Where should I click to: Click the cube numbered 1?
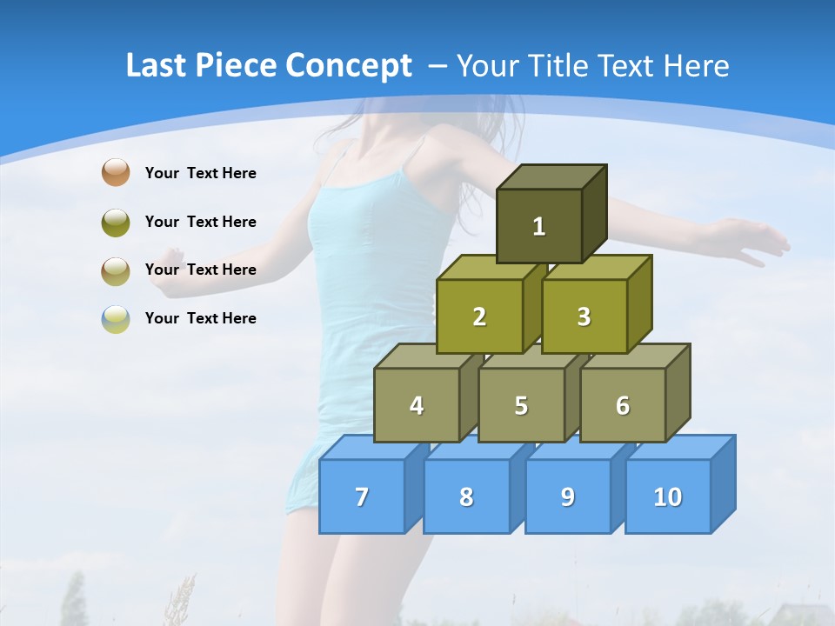click(x=539, y=226)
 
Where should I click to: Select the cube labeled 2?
click(x=479, y=316)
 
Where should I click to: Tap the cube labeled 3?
click(x=584, y=316)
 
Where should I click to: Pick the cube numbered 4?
click(x=417, y=405)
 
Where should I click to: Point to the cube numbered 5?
click(x=521, y=405)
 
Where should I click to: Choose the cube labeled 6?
click(x=623, y=405)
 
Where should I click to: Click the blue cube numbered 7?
click(x=362, y=496)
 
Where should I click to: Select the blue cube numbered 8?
click(x=466, y=496)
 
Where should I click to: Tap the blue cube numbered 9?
click(x=568, y=496)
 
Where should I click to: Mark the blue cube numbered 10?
click(x=668, y=496)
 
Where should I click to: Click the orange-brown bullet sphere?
click(x=115, y=172)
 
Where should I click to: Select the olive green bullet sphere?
click(x=115, y=222)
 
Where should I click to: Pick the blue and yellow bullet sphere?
click(x=115, y=318)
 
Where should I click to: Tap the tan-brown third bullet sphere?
click(x=115, y=270)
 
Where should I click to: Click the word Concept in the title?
click(x=350, y=65)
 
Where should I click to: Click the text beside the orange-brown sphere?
click(x=200, y=173)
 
